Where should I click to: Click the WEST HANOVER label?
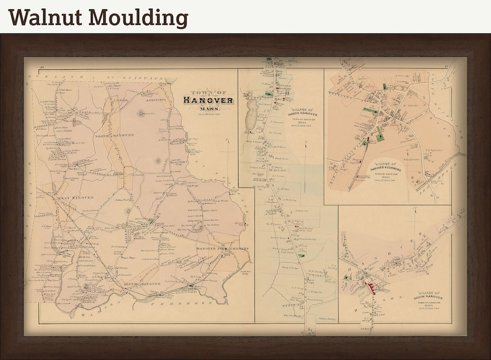(77, 197)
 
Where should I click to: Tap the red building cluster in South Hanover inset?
(373, 286)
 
